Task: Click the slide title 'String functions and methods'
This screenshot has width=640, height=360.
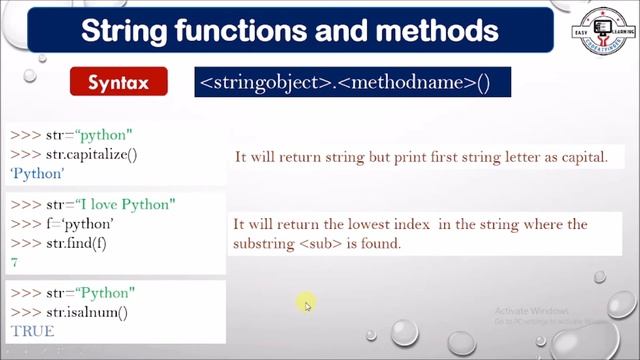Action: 289,29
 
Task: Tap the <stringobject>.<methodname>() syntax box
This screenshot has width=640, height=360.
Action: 345,81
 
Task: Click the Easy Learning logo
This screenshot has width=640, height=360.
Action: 597,30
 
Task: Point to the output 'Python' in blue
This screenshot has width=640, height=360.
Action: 37,173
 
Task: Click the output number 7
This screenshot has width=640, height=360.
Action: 14,262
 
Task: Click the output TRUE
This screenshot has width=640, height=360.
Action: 32,330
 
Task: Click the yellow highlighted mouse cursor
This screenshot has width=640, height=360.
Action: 306,303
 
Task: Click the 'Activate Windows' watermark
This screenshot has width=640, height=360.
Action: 530,311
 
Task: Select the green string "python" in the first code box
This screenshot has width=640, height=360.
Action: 105,134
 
